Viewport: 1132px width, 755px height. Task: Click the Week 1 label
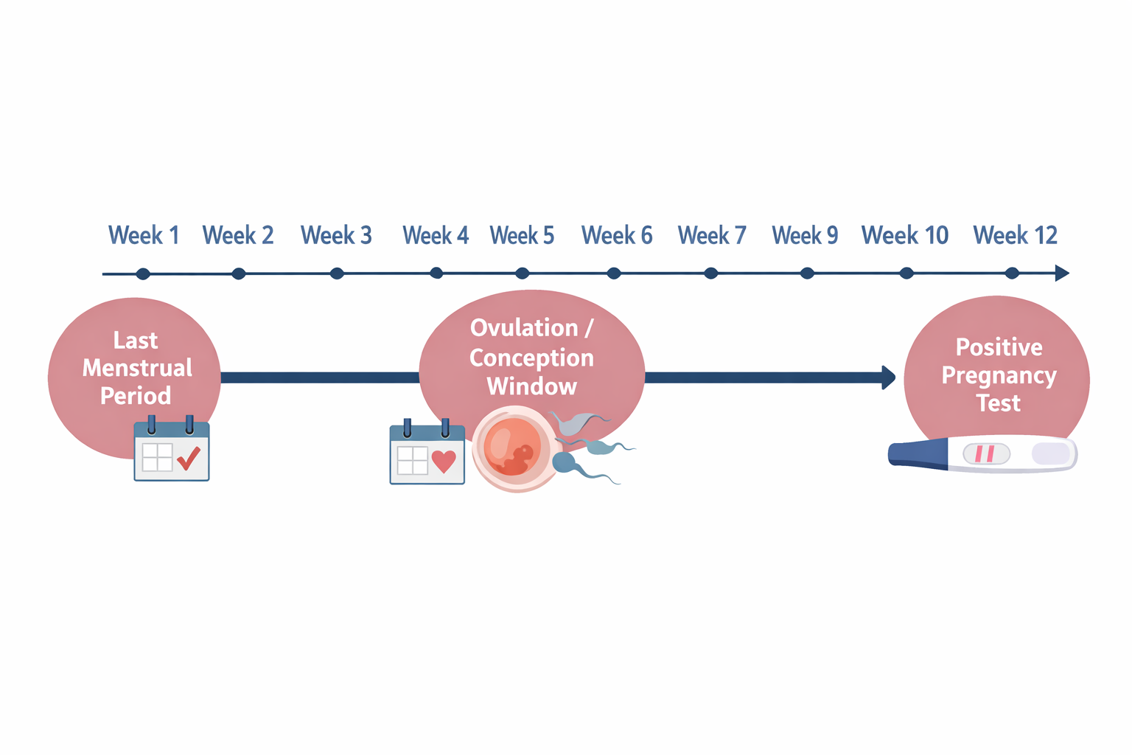144,235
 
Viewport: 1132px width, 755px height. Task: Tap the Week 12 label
1015,235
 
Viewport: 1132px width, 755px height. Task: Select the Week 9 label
805,235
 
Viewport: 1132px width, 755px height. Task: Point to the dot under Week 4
436,274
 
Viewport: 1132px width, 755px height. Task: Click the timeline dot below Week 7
710,274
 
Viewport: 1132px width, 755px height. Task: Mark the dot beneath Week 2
238,274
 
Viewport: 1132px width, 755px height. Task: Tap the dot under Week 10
906,274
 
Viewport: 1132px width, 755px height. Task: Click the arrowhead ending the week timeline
1062,274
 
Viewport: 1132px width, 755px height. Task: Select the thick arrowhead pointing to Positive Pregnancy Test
889,377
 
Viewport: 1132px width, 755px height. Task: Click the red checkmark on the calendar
189,458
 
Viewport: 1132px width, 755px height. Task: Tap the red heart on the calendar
444,461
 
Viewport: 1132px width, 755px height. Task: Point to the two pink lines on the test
985,453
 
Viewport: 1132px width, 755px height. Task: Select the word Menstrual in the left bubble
137,368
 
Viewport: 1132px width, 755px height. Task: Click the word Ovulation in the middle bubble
524,328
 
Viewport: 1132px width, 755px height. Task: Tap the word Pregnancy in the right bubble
999,375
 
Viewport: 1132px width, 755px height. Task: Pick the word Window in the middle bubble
531,386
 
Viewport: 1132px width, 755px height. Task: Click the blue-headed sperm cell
565,462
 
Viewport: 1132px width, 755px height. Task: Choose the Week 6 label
617,235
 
